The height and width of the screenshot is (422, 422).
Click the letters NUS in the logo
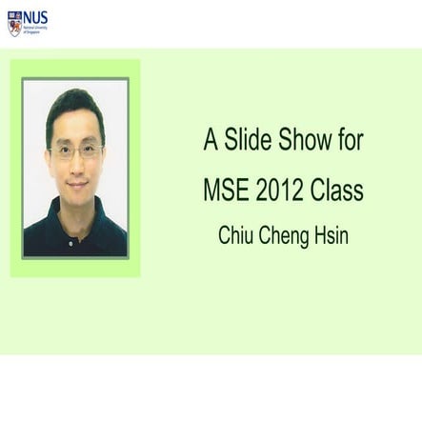tap(35, 18)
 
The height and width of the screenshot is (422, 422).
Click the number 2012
tap(281, 190)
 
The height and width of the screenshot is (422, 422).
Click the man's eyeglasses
tap(75, 151)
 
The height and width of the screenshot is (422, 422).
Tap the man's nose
tap(76, 164)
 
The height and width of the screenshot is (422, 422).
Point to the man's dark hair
tap(75, 107)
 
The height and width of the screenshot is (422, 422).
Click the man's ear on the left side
tap(49, 157)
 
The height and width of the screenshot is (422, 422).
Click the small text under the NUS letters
tap(34, 31)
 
